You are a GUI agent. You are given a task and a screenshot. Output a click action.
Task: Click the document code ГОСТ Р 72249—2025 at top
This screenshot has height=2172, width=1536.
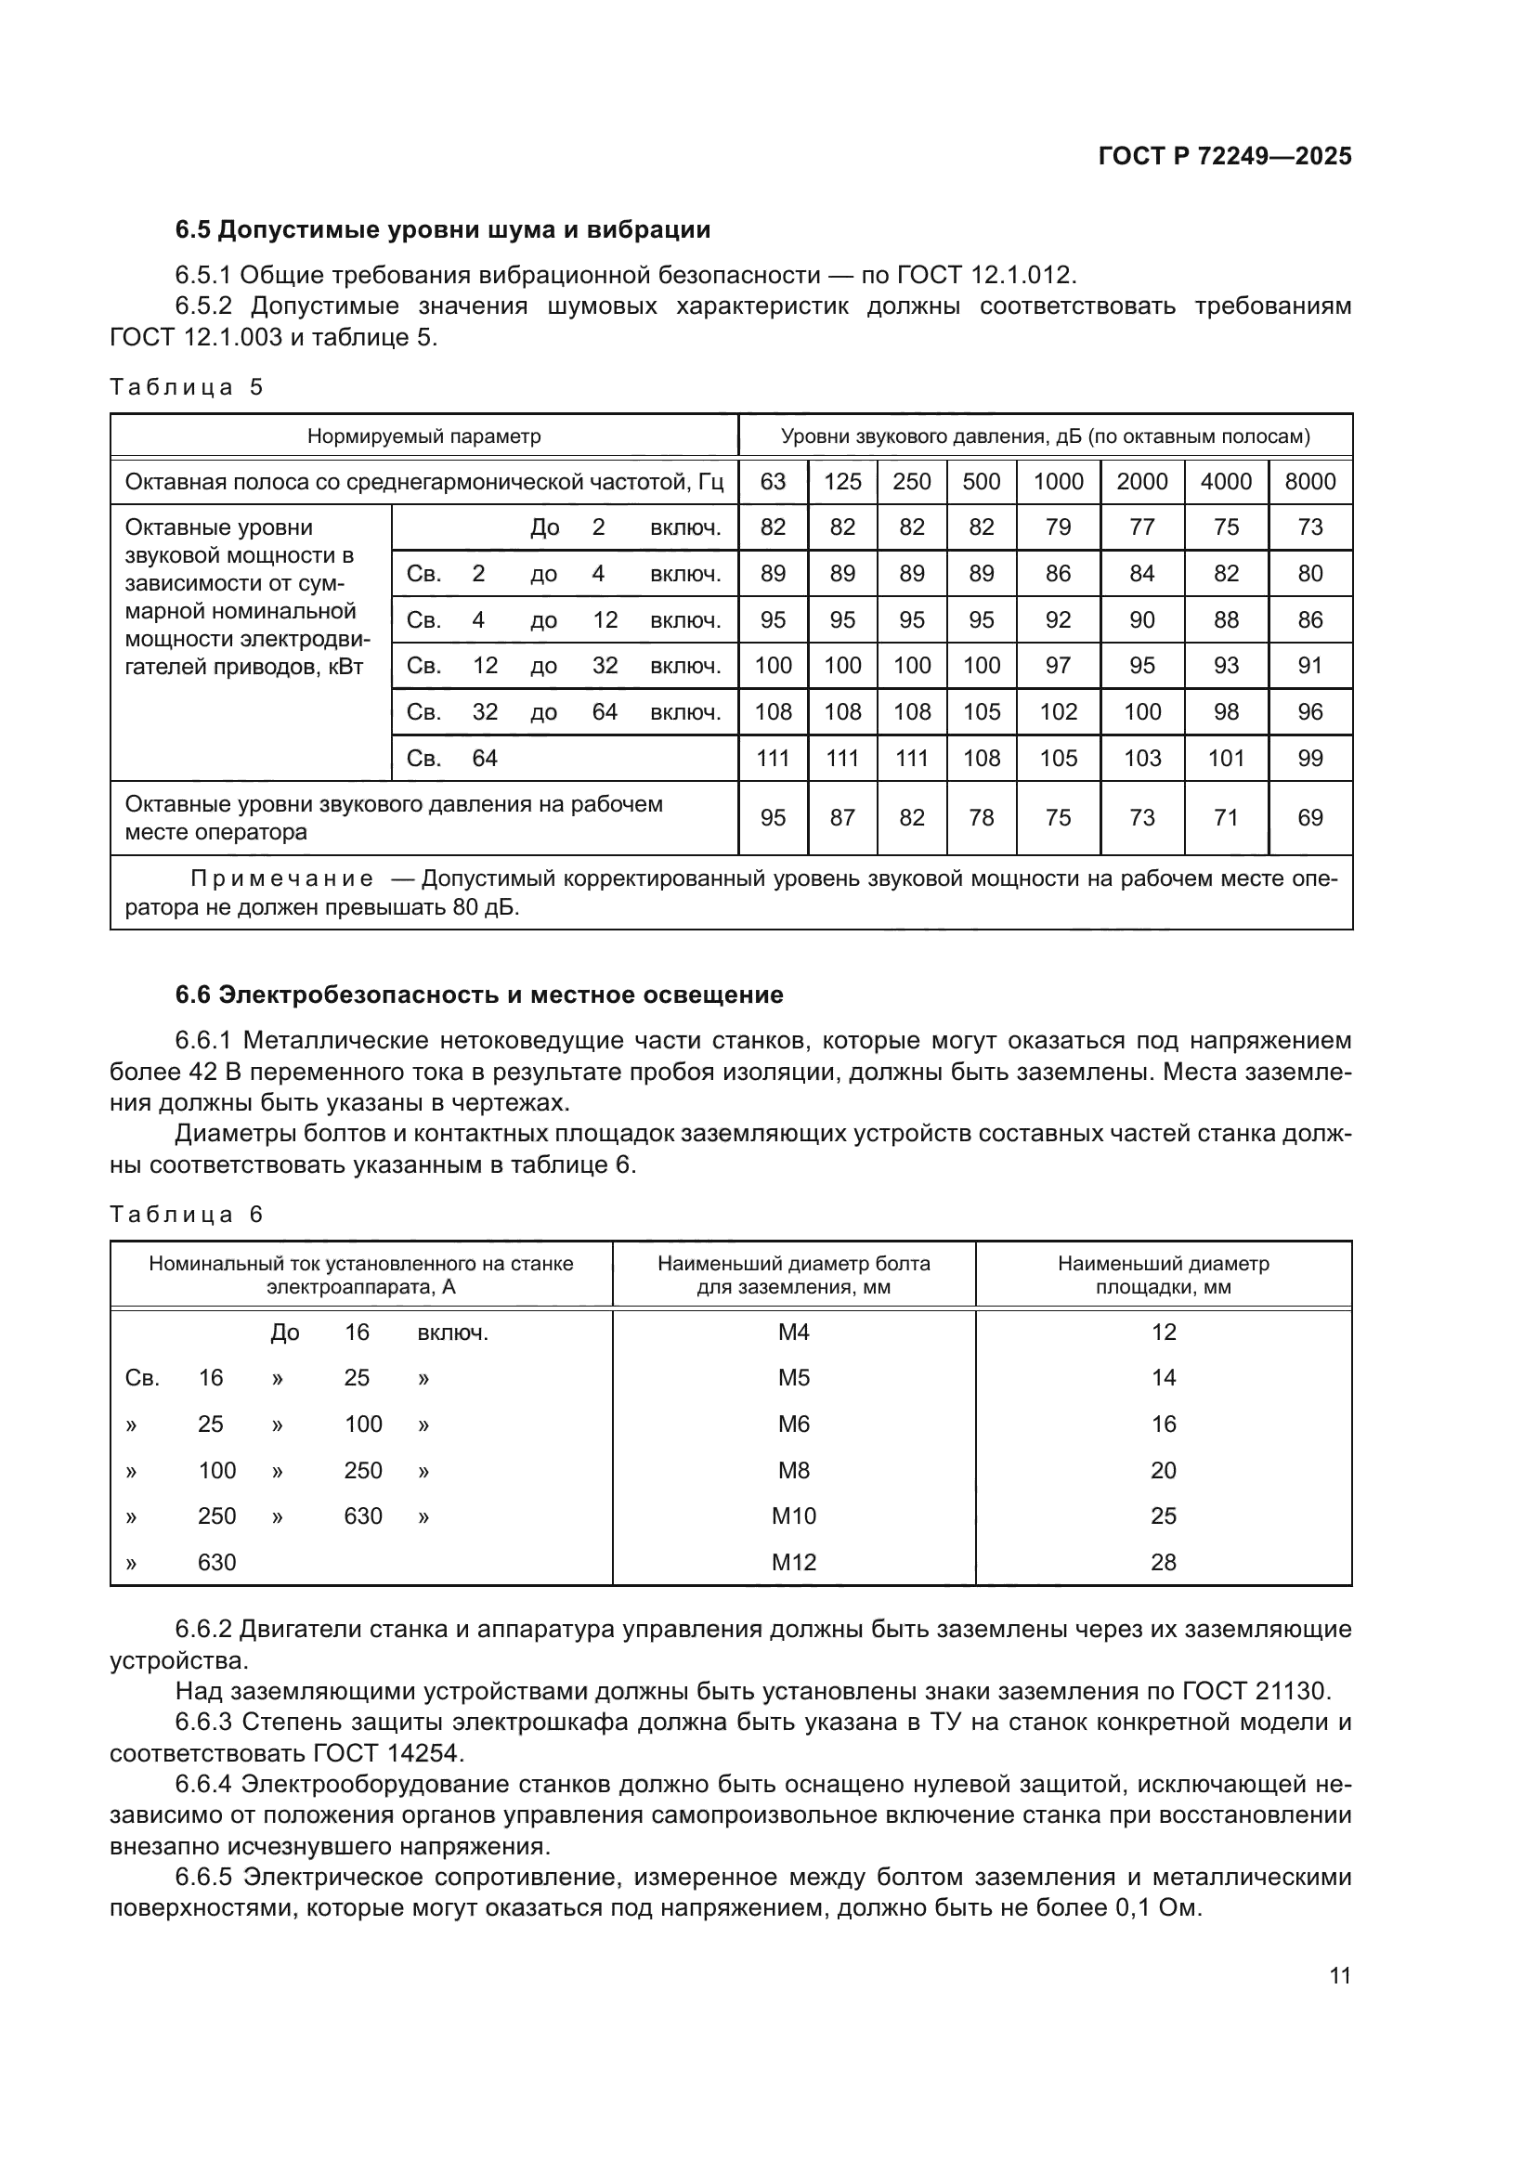[1225, 156]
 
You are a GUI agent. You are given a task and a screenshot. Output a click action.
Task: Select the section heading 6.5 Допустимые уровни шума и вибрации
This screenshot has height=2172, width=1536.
[443, 230]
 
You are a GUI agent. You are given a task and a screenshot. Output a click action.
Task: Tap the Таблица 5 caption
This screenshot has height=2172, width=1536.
[187, 387]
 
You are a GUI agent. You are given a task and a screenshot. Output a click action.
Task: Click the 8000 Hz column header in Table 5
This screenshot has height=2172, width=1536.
[1310, 482]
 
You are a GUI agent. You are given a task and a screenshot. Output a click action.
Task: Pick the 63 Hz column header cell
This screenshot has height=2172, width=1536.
[773, 482]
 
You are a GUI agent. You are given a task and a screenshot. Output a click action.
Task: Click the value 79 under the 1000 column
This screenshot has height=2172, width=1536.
[1058, 527]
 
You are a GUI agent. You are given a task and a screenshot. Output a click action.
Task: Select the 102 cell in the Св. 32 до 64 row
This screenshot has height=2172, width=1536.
[1058, 711]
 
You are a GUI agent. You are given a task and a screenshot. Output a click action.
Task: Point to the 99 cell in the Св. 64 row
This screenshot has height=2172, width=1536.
[1310, 758]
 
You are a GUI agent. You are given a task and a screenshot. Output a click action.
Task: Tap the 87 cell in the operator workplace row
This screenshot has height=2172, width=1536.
[841, 817]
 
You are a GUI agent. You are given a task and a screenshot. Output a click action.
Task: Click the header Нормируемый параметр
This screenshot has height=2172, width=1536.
[423, 436]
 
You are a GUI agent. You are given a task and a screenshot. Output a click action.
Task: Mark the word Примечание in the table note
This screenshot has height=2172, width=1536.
[282, 878]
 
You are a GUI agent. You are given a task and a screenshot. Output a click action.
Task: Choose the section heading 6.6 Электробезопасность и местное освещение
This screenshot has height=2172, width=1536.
[478, 995]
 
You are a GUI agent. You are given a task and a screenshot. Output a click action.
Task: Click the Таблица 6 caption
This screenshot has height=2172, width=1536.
[187, 1215]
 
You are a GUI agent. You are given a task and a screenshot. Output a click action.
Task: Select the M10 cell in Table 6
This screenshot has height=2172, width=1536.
[793, 1516]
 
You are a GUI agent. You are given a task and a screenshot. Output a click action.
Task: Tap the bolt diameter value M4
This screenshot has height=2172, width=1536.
[793, 1333]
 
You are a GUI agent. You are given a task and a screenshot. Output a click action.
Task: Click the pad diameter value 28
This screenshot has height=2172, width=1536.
[1163, 1563]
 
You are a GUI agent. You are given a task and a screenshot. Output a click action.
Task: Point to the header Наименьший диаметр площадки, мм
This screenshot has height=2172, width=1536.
[1163, 1275]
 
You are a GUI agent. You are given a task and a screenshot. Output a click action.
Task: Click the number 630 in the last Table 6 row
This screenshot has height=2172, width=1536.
[216, 1563]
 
